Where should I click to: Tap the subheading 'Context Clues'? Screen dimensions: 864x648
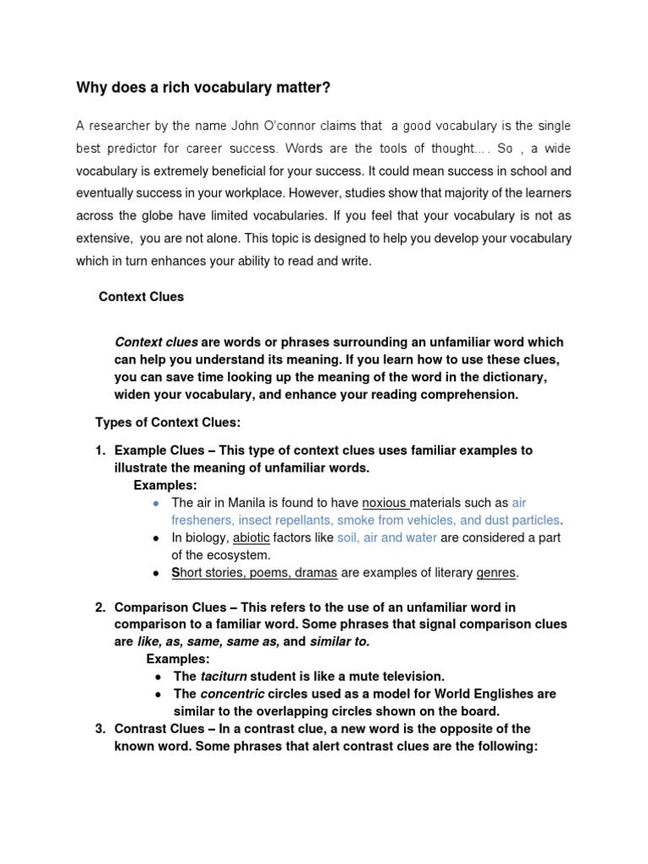coord(141,297)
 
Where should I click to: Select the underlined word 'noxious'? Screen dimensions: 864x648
coord(385,502)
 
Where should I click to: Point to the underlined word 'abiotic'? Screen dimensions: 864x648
coord(251,537)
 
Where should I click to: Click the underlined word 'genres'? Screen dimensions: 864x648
coord(496,573)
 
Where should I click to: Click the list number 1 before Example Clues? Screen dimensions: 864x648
coord(99,451)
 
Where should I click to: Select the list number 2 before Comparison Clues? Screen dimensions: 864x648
coord(99,607)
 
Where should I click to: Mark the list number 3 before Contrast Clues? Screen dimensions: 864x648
coord(99,729)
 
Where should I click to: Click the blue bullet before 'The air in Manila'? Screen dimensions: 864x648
coord(156,503)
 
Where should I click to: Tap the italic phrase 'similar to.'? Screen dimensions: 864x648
coord(340,641)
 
